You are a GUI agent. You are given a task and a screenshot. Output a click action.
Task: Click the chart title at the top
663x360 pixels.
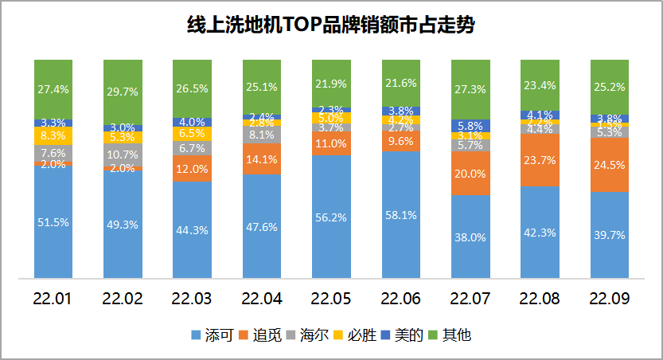[330, 25]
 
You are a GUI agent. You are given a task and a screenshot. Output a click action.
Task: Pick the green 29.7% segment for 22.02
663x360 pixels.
[123, 92]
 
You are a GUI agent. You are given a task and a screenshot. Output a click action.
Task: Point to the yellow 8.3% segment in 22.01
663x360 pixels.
[53, 136]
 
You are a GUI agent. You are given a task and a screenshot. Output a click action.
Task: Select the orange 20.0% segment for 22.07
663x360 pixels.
[470, 174]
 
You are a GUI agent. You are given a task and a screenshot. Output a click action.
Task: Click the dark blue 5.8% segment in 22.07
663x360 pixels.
[470, 125]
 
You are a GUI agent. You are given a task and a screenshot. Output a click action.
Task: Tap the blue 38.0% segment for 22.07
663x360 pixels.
[470, 237]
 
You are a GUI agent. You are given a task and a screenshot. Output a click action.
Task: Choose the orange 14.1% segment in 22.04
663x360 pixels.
[262, 158]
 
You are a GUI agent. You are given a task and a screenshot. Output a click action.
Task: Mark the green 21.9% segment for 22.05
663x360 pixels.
[331, 84]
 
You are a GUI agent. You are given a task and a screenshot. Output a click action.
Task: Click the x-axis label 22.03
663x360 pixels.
[192, 299]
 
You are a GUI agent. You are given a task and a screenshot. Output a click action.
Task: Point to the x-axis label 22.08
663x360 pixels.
[540, 299]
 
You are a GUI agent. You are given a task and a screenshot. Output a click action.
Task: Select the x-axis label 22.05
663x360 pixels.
[331, 299]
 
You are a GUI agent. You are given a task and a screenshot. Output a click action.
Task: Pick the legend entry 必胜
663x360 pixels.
[364, 335]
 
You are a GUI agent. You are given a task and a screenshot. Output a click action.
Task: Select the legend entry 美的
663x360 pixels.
[411, 335]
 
